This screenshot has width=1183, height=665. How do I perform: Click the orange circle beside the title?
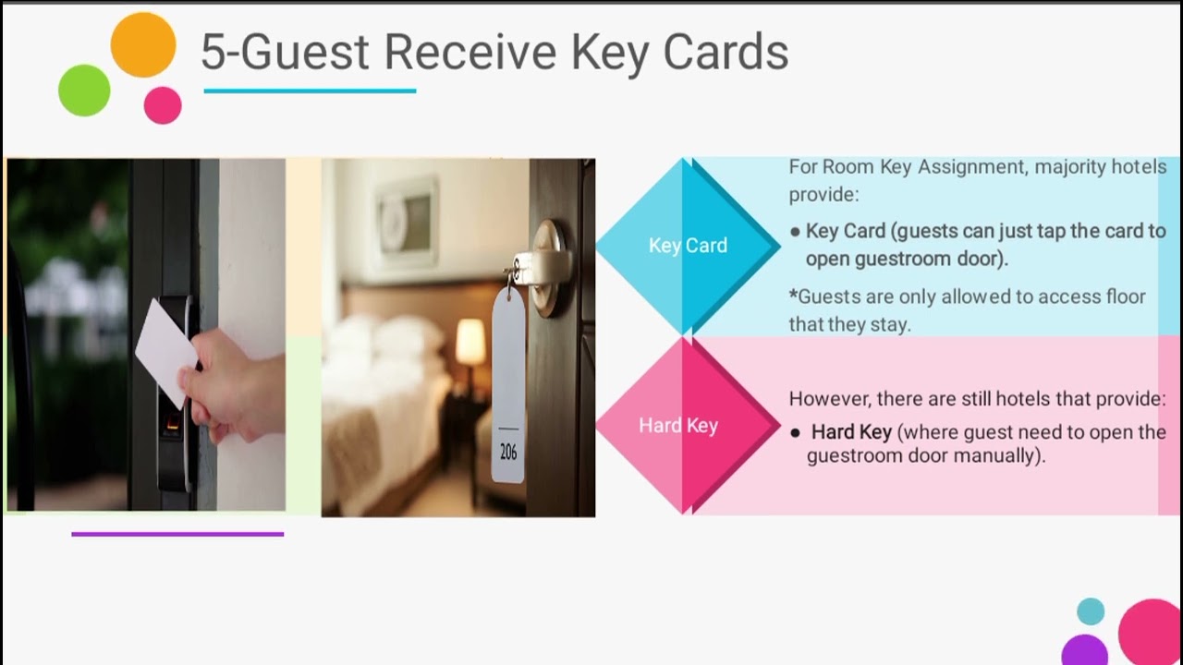143,45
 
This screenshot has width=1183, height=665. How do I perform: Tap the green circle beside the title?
84,91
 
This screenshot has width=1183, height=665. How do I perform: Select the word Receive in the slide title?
470,52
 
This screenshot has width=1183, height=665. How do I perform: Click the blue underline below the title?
310,91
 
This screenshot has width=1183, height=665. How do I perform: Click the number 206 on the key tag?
508,453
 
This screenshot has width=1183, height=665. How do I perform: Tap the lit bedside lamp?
470,342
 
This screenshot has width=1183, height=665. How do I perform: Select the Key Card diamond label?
688,246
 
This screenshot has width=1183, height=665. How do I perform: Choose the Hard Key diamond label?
678,426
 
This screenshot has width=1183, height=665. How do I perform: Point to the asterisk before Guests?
793,296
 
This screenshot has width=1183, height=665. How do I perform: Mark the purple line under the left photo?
177,534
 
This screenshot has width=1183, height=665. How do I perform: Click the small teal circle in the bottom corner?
1091,611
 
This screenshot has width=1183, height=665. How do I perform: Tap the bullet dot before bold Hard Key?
795,432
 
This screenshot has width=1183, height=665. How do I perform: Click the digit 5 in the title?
212,52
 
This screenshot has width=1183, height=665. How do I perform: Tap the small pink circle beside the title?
163,105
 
